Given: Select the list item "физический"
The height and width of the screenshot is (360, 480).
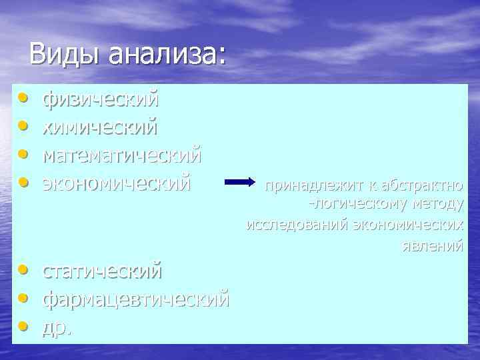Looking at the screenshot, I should click(x=101, y=99).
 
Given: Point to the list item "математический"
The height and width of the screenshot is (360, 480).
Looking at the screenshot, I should click(x=121, y=154).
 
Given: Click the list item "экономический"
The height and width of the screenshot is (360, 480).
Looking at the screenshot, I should click(x=117, y=181).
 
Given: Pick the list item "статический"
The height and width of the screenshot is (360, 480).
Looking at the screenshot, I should click(x=102, y=271).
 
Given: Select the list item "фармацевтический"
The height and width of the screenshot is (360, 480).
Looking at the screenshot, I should click(x=136, y=299).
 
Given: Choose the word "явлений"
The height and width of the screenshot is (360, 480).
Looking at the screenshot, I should click(x=432, y=245).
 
